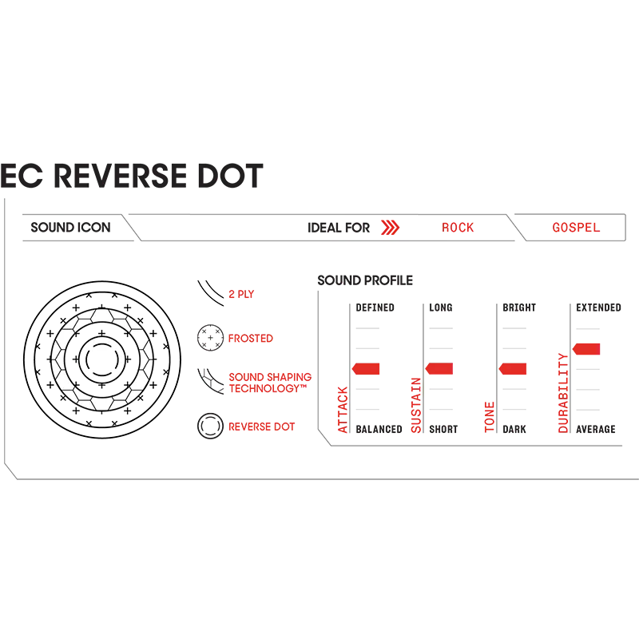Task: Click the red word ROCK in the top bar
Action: pos(459,228)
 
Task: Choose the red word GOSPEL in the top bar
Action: pos(576,228)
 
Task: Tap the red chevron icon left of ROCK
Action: pos(390,228)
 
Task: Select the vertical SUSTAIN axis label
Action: pos(416,404)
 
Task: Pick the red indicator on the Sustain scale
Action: pos(440,369)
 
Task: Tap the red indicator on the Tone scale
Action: pos(513,369)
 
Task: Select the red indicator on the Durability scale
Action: pos(586,349)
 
